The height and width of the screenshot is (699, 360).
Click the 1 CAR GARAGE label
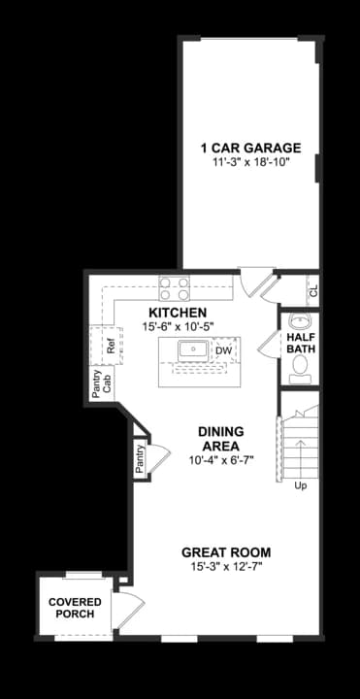pyautogui.click(x=250, y=149)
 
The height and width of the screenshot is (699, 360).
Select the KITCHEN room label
pyautogui.click(x=177, y=313)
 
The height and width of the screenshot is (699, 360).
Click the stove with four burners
pyautogui.click(x=176, y=288)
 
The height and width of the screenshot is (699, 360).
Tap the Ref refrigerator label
pyautogui.click(x=112, y=344)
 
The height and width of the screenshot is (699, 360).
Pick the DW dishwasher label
pyautogui.click(x=222, y=351)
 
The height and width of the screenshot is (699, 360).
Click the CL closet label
pyautogui.click(x=312, y=290)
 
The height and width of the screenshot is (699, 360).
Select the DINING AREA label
pyautogui.click(x=220, y=439)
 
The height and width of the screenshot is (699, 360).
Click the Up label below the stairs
pyautogui.click(x=301, y=485)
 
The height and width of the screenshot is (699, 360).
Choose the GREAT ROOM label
pyautogui.click(x=226, y=552)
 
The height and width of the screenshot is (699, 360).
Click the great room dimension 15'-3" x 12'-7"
pyautogui.click(x=226, y=566)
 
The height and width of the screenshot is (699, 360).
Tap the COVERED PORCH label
pyautogui.click(x=76, y=608)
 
